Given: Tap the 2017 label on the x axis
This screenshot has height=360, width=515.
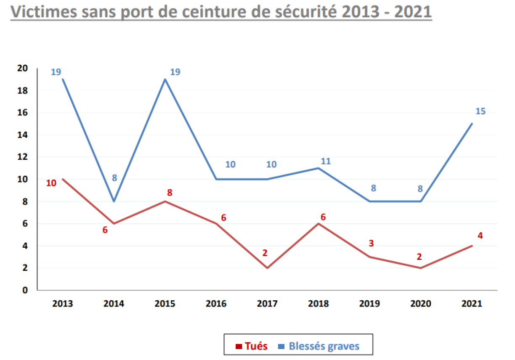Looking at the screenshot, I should [267, 304].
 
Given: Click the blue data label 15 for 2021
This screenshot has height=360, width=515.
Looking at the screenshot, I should [480, 111].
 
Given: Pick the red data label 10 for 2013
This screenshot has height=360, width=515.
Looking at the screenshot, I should [51, 183].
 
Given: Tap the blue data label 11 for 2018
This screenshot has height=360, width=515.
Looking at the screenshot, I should [326, 161].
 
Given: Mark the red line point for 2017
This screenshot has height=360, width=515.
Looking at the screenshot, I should [267, 268].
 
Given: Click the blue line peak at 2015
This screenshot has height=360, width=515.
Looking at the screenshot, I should [165, 79].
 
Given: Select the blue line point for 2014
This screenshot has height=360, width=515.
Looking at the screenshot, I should [114, 201].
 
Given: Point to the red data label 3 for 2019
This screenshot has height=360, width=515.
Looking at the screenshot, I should [371, 243].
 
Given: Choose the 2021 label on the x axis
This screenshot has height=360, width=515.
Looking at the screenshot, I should [472, 304].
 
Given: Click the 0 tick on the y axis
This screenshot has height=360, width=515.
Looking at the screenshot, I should [25, 290].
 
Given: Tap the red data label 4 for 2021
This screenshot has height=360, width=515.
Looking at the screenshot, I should [480, 235].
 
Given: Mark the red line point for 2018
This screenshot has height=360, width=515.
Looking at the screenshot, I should [319, 223].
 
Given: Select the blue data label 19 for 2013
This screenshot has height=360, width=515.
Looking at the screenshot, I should [56, 72].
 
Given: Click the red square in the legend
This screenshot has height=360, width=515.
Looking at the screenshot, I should [239, 347].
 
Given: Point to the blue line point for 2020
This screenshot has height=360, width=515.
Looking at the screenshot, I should [421, 201].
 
